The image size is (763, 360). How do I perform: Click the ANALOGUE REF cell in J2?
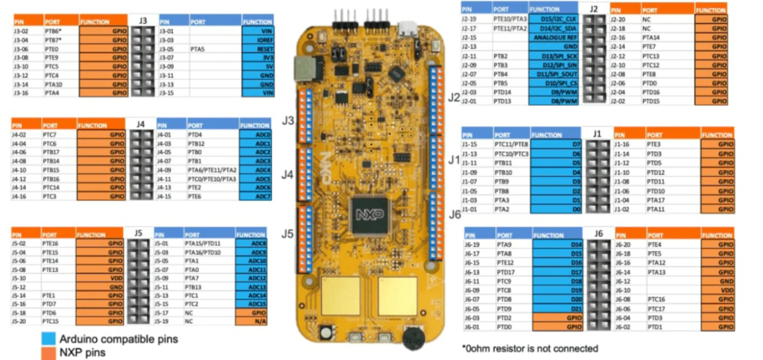click(554, 37)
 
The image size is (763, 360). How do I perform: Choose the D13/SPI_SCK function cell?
click(554, 56)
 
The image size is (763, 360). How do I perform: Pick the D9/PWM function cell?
click(554, 92)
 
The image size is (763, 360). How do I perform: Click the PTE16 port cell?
click(51, 243)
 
